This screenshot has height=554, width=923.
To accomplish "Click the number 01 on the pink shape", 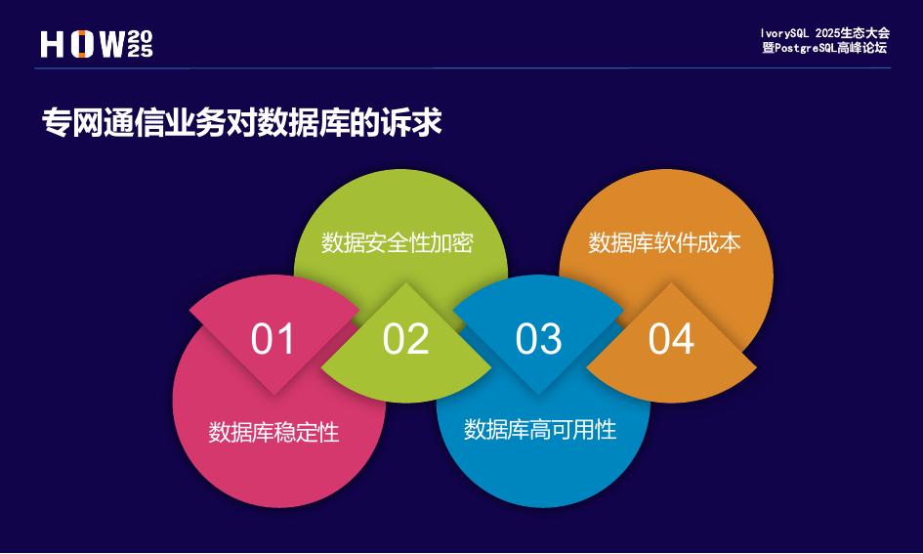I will pyautogui.click(x=273, y=339).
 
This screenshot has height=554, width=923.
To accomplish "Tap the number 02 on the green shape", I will pyautogui.click(x=405, y=339).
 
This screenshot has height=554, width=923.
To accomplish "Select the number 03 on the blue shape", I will pyautogui.click(x=538, y=339).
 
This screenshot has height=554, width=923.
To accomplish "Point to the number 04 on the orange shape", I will pyautogui.click(x=671, y=339).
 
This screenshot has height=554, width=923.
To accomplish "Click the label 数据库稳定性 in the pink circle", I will pyautogui.click(x=273, y=432).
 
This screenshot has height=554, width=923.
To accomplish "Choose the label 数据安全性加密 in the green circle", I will pyautogui.click(x=398, y=242).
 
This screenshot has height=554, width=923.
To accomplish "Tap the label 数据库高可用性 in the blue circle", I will pyautogui.click(x=540, y=429).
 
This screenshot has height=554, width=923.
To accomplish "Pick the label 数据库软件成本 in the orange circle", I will pyautogui.click(x=664, y=242).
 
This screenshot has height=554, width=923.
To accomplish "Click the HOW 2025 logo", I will pyautogui.click(x=97, y=44).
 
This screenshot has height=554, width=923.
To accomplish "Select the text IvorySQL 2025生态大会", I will pyautogui.click(x=825, y=33).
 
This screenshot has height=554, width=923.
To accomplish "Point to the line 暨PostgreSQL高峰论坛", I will pyautogui.click(x=825, y=47).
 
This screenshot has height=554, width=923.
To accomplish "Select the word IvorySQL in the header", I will pyautogui.click(x=788, y=33).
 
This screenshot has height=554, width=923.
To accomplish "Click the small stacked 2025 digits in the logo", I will pyautogui.click(x=140, y=44).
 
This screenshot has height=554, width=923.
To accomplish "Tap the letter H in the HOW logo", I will pyautogui.click(x=53, y=44).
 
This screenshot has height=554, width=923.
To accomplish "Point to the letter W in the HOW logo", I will pyautogui.click(x=112, y=44).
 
